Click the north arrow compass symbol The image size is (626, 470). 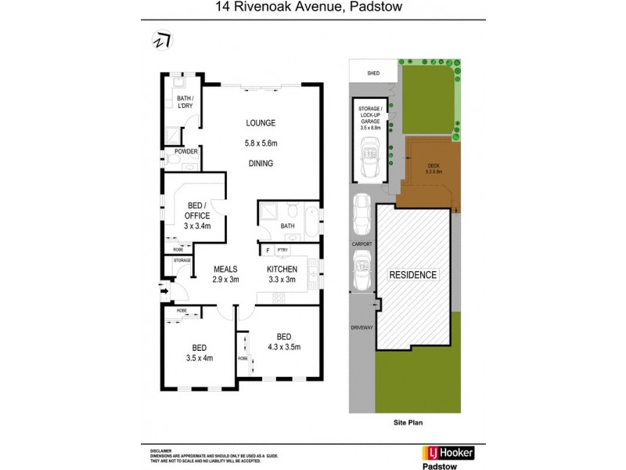coord(161,40)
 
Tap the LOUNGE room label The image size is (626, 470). coord(261,123)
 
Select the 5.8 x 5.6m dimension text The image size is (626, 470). coord(261,143)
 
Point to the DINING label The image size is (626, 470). coord(261,164)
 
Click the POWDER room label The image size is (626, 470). coord(186,151)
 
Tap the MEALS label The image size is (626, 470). coord(226,269)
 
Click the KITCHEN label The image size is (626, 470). coord(282,269)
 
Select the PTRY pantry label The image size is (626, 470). coord(282,250)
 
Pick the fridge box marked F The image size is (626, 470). coord(267,250)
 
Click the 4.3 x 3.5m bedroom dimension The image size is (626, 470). coord(283,346)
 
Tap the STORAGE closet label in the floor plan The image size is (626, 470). coord(182,259)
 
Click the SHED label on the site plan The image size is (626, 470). coord(373,74)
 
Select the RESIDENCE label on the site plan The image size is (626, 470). coord(413,275)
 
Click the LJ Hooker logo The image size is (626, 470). coord(448,453)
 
